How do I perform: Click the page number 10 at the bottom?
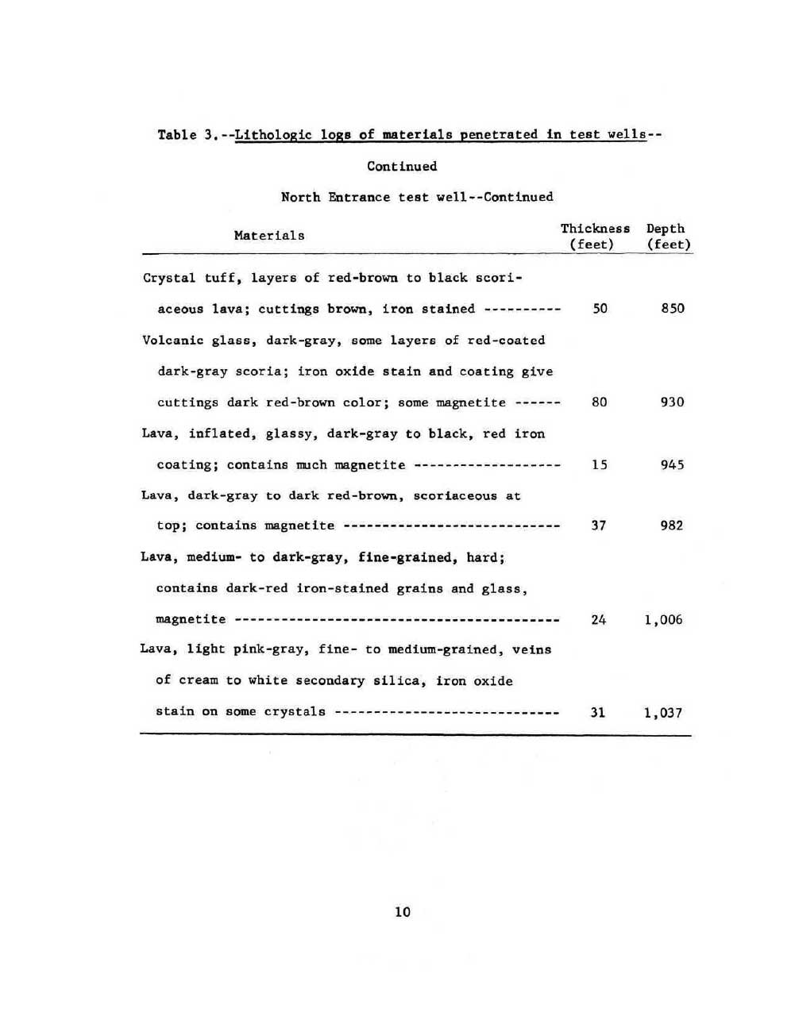point(403,911)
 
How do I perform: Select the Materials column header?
point(269,235)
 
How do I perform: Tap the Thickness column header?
point(595,229)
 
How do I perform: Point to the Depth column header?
point(666,229)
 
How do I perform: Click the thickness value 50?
point(600,308)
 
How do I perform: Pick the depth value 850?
point(673,308)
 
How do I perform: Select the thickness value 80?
point(600,402)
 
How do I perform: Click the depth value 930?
point(673,402)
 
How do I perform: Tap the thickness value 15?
point(600,464)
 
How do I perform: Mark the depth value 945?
point(673,464)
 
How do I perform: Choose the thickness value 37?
point(599,525)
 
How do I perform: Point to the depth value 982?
point(672,525)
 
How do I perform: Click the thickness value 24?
point(599,619)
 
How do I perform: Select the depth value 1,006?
point(664,619)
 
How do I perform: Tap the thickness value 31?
point(598,712)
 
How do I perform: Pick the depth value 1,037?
point(663,712)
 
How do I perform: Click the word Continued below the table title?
point(402,166)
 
